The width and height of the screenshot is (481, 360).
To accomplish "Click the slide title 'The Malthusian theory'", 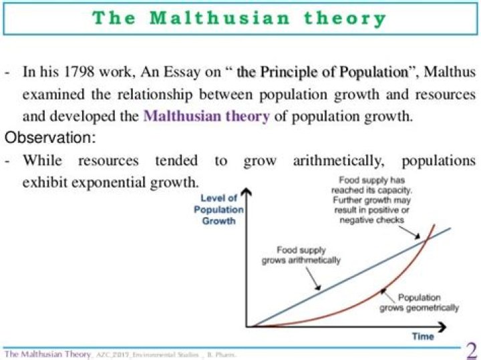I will point(240,18).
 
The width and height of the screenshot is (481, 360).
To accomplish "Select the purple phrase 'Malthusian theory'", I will point(206,116).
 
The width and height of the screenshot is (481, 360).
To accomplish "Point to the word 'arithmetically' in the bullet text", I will point(339,160).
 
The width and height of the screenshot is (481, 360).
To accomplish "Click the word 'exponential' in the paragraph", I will point(110,181).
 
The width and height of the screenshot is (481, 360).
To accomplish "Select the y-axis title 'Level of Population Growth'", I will point(219,209).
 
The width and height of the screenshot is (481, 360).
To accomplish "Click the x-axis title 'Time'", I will point(423,336).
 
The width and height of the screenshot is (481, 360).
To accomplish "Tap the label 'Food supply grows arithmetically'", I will point(301,254).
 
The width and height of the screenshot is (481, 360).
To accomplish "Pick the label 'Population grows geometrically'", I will point(420,303).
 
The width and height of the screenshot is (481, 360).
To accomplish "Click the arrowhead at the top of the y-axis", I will point(248,194).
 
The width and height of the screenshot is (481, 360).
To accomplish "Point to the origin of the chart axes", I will point(248,327).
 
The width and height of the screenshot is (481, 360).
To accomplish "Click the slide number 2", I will point(470,350).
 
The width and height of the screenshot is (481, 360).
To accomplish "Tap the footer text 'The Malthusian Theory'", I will point(47,353).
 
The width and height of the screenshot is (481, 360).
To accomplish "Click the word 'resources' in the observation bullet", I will point(108,160).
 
